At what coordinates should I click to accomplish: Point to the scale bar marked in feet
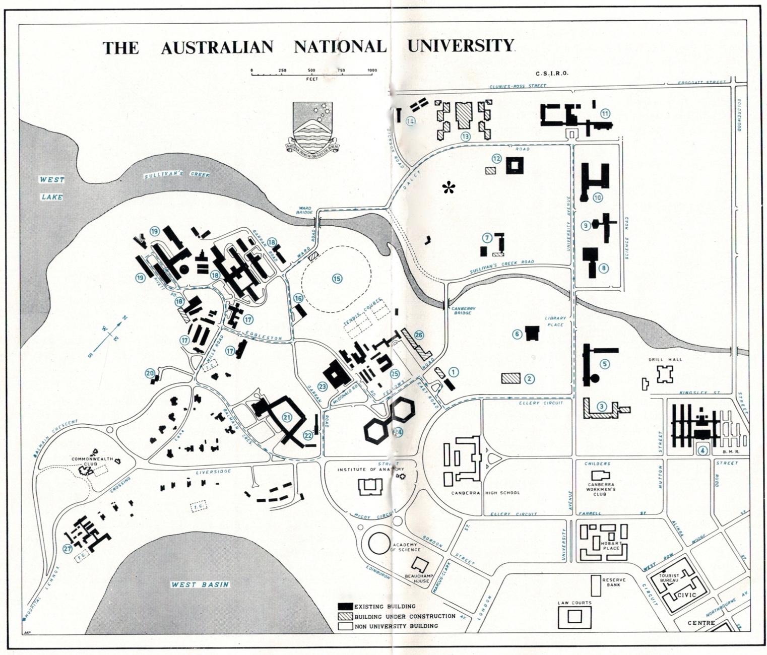click(x=312, y=74)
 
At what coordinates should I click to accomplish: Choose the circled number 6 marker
click(x=517, y=333)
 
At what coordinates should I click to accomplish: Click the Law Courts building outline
click(x=574, y=616)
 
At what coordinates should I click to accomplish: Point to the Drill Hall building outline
click(x=665, y=375)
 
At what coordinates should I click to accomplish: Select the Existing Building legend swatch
click(x=346, y=606)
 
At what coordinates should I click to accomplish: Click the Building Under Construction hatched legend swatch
click(x=346, y=616)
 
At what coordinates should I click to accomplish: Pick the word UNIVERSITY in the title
click(x=461, y=46)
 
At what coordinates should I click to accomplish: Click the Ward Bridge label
click(x=306, y=210)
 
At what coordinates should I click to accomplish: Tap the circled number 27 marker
click(x=67, y=549)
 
